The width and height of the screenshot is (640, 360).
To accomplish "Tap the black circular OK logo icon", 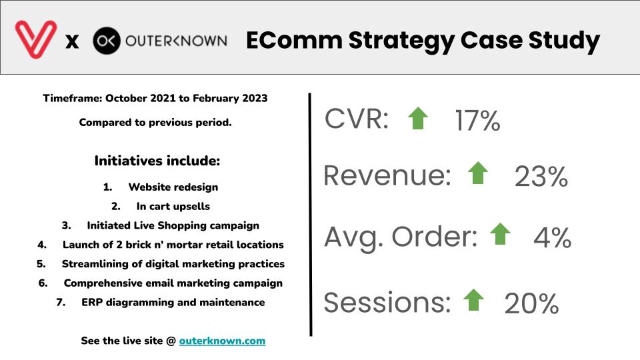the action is [x=107, y=41].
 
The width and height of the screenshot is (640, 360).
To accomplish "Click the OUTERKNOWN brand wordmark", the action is [x=176, y=41].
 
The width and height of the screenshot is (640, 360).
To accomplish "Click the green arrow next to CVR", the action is [x=418, y=119].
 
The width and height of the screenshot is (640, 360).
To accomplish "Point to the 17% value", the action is [x=477, y=121].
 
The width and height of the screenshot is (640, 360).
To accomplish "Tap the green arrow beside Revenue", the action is [x=478, y=173].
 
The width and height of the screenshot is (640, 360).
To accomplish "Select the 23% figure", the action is [x=541, y=177].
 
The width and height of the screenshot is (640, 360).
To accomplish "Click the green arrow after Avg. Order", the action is [x=501, y=234].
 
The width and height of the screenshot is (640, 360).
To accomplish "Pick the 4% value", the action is [x=552, y=237].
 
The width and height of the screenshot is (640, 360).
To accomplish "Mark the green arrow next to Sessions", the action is [x=473, y=299].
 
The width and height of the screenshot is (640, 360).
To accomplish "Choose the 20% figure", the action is [x=531, y=304].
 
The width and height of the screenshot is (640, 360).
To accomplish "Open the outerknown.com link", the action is [x=222, y=341].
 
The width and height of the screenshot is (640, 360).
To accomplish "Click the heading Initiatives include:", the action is [x=157, y=161].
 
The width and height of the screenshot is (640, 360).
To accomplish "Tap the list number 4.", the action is [x=41, y=245].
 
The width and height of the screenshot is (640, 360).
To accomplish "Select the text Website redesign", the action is [x=173, y=187].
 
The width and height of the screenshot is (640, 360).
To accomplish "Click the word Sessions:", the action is [x=387, y=303].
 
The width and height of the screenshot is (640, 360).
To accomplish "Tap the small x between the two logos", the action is [x=72, y=41].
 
